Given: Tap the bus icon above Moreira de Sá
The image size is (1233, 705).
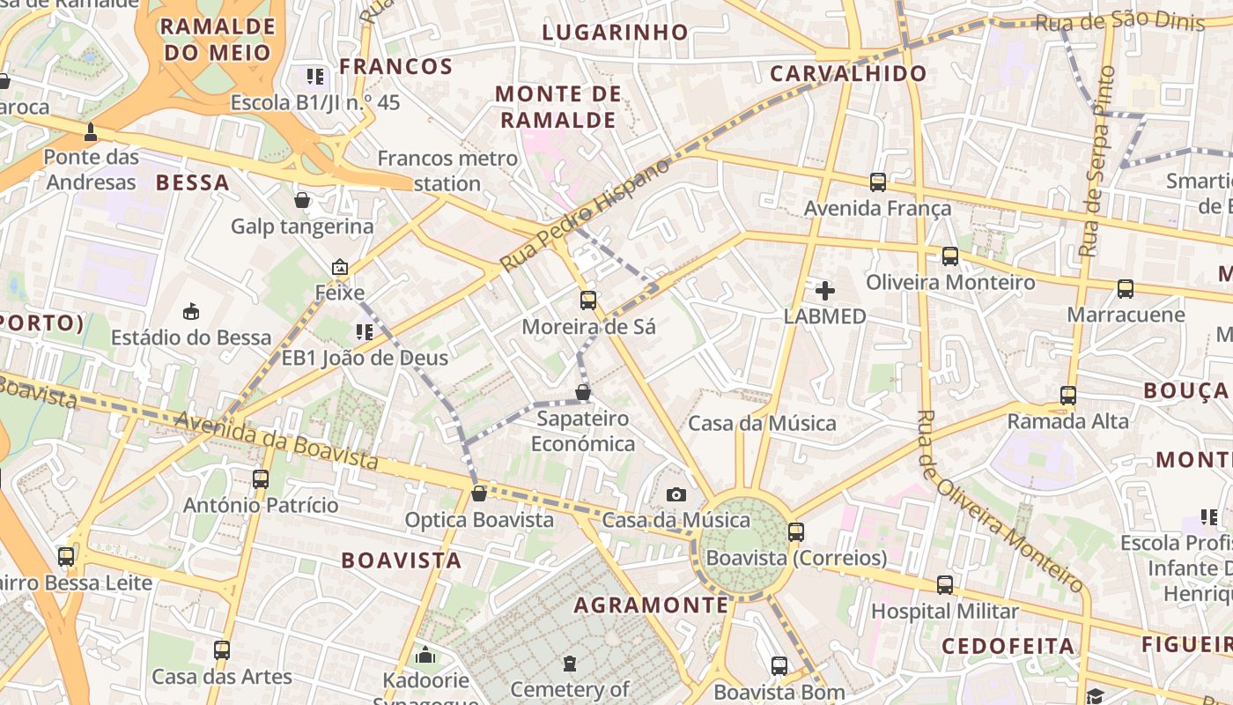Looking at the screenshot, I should pos(588,301).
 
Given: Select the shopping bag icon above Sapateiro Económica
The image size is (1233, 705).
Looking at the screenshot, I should pos(583,392).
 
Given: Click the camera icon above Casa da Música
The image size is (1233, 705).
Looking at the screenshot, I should pos(676,494).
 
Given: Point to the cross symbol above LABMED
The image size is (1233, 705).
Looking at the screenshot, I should pos(825,290).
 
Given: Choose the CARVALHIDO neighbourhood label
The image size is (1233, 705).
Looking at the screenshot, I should pos(848,74).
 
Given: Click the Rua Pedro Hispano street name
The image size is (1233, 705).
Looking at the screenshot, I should pos(585,217).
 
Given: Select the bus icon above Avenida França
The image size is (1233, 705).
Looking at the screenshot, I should pos(878,182).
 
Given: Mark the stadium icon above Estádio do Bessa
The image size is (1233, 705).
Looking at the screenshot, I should pos(191,311).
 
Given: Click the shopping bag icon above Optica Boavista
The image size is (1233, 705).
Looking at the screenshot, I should pos(479,493).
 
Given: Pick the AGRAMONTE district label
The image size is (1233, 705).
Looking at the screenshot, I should pos(652,605).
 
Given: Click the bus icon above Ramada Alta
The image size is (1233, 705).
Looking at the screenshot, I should pos(1068,396).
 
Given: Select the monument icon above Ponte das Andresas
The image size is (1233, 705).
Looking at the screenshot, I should pos(90,132).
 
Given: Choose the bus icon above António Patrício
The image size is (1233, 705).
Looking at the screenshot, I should pos(261,479).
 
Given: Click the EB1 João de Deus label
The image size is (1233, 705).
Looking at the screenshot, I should pos(365,358).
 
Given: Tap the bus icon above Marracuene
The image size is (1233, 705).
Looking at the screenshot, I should pos(1126,289).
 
